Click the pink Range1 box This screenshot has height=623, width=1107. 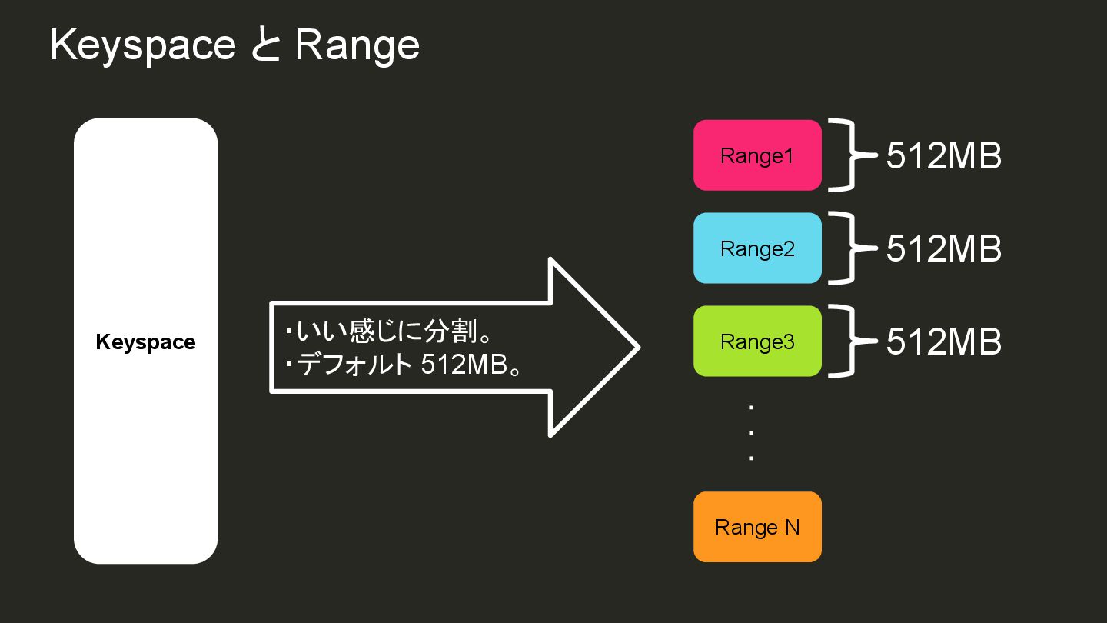(x=757, y=155)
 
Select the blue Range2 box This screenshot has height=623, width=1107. (x=757, y=248)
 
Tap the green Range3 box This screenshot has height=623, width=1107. (x=757, y=341)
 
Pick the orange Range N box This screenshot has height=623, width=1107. (x=757, y=527)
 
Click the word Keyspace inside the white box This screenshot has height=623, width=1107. (x=145, y=342)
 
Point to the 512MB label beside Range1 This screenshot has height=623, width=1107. (x=943, y=156)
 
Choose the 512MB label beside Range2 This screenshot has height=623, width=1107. (x=943, y=249)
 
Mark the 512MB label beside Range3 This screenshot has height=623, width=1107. (x=943, y=342)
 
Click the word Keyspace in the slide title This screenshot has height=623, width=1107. (x=143, y=46)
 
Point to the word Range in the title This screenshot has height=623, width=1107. (x=357, y=46)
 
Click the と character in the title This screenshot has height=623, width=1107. (x=265, y=46)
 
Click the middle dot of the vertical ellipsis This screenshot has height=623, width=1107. (x=750, y=432)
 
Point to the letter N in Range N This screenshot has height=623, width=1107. (x=792, y=527)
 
